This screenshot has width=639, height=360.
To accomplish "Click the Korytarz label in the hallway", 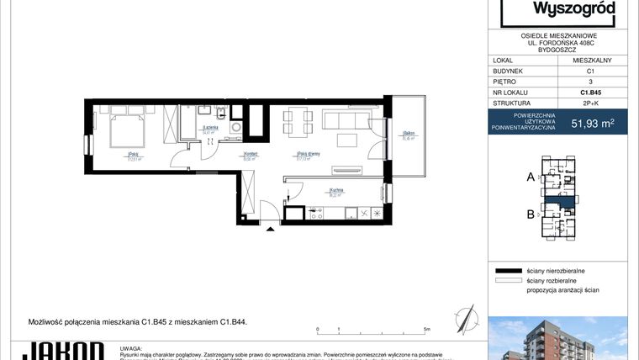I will pos(250,154).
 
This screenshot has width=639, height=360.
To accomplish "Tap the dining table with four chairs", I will pos(292,124).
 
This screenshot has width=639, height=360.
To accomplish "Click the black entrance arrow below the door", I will pos(269,226).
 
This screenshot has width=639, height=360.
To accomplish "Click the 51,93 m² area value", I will pos(595,123).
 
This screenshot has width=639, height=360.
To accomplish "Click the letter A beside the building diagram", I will pos(530,177).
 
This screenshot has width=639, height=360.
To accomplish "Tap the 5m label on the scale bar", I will pos(427,329).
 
